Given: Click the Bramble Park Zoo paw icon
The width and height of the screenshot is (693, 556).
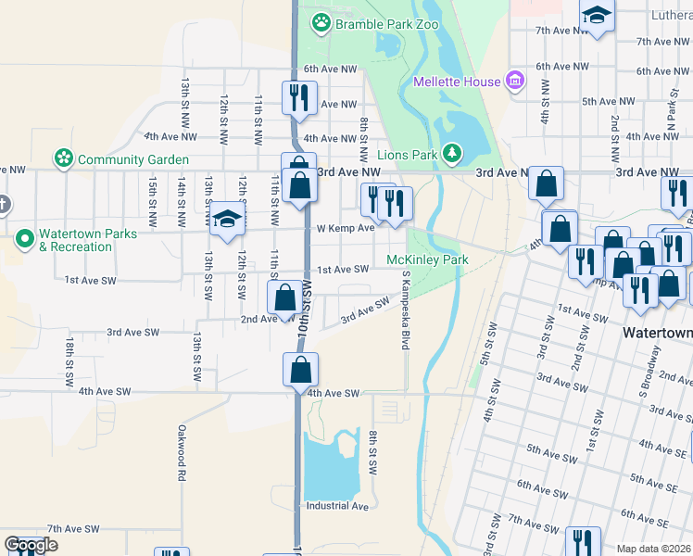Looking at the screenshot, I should tap(321, 23).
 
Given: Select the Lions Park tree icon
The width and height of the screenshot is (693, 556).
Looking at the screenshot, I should tap(451, 152).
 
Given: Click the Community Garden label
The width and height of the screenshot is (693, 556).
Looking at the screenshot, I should tap(133, 159).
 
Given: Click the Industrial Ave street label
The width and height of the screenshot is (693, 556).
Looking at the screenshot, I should tap(338, 506).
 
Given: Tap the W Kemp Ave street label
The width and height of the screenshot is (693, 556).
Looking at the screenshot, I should tap(345, 228).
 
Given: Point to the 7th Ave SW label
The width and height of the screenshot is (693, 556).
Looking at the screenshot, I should tap(73, 528).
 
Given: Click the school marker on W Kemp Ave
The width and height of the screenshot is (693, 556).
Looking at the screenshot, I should tap(225, 220).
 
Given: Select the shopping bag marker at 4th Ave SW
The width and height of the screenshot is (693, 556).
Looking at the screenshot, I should tap(300, 370).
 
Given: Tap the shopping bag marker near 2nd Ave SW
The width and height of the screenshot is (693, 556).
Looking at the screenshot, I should tap(284, 298).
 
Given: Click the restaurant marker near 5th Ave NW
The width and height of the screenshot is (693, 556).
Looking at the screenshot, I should tap(298, 96).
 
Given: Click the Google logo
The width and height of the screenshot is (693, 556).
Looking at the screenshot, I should tap(31, 545).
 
